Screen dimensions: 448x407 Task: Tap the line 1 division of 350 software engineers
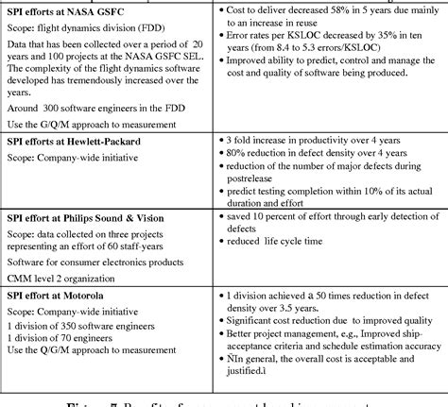(x=81, y=325)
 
